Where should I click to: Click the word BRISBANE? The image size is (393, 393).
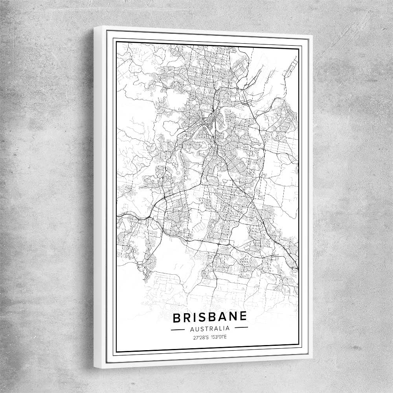(x=210, y=317)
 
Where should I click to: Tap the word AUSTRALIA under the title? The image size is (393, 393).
(x=210, y=328)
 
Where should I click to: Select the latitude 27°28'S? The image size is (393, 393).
(x=199, y=337)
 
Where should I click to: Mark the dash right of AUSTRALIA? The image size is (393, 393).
(x=241, y=327)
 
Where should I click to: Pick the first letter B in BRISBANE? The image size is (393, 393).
(x=176, y=318)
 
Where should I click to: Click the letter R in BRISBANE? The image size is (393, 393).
(x=186, y=318)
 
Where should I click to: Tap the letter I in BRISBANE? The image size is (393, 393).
(x=194, y=317)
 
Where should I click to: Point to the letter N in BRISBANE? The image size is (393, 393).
(x=232, y=316)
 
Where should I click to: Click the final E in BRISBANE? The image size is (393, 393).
(x=243, y=316)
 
